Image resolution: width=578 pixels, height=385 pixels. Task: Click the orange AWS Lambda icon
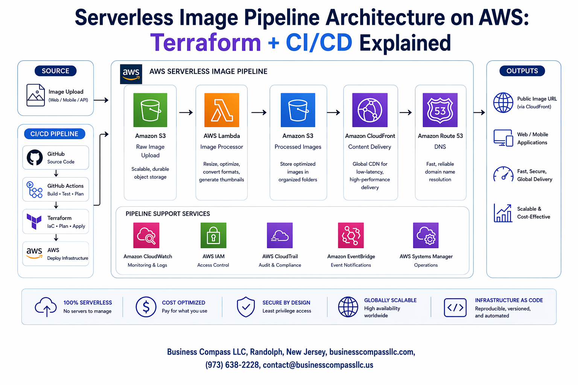[x=222, y=110]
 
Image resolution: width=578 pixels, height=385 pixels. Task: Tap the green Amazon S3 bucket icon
[x=150, y=110]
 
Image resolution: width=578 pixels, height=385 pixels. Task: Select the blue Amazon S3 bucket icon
[x=298, y=110]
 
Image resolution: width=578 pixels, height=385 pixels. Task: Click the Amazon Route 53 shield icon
[x=440, y=110]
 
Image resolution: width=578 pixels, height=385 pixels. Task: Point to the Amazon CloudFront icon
[x=370, y=110]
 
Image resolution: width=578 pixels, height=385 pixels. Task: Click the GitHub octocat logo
[x=35, y=158]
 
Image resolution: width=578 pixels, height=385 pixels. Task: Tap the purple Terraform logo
[x=34, y=221]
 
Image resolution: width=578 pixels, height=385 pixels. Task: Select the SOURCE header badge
[x=55, y=71]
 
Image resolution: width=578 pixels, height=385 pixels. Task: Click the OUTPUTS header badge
[x=522, y=71]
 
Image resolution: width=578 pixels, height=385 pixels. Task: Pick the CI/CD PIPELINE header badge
[x=55, y=134]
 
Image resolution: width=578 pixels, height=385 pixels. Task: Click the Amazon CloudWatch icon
[x=146, y=235]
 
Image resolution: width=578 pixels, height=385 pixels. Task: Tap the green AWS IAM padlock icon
[x=213, y=235]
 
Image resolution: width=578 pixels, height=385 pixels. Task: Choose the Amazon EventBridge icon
[x=351, y=235]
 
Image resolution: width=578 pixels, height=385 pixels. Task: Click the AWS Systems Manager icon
[x=426, y=235]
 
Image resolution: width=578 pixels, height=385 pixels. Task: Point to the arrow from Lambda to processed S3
[x=259, y=112]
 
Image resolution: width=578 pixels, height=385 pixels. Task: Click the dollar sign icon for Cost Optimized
[x=146, y=307]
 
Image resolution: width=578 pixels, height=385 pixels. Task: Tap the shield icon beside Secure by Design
[x=246, y=307]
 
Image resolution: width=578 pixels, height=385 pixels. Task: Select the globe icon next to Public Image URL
[x=503, y=103]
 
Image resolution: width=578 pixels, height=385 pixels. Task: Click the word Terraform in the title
[x=205, y=42]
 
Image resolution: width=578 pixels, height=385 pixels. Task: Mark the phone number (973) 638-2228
[x=232, y=365]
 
